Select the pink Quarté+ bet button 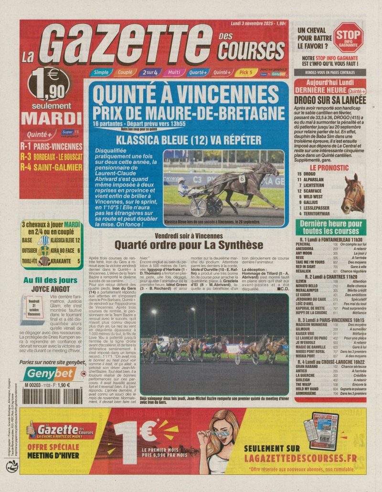(x=197, y=72)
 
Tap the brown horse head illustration (x=353, y=194)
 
